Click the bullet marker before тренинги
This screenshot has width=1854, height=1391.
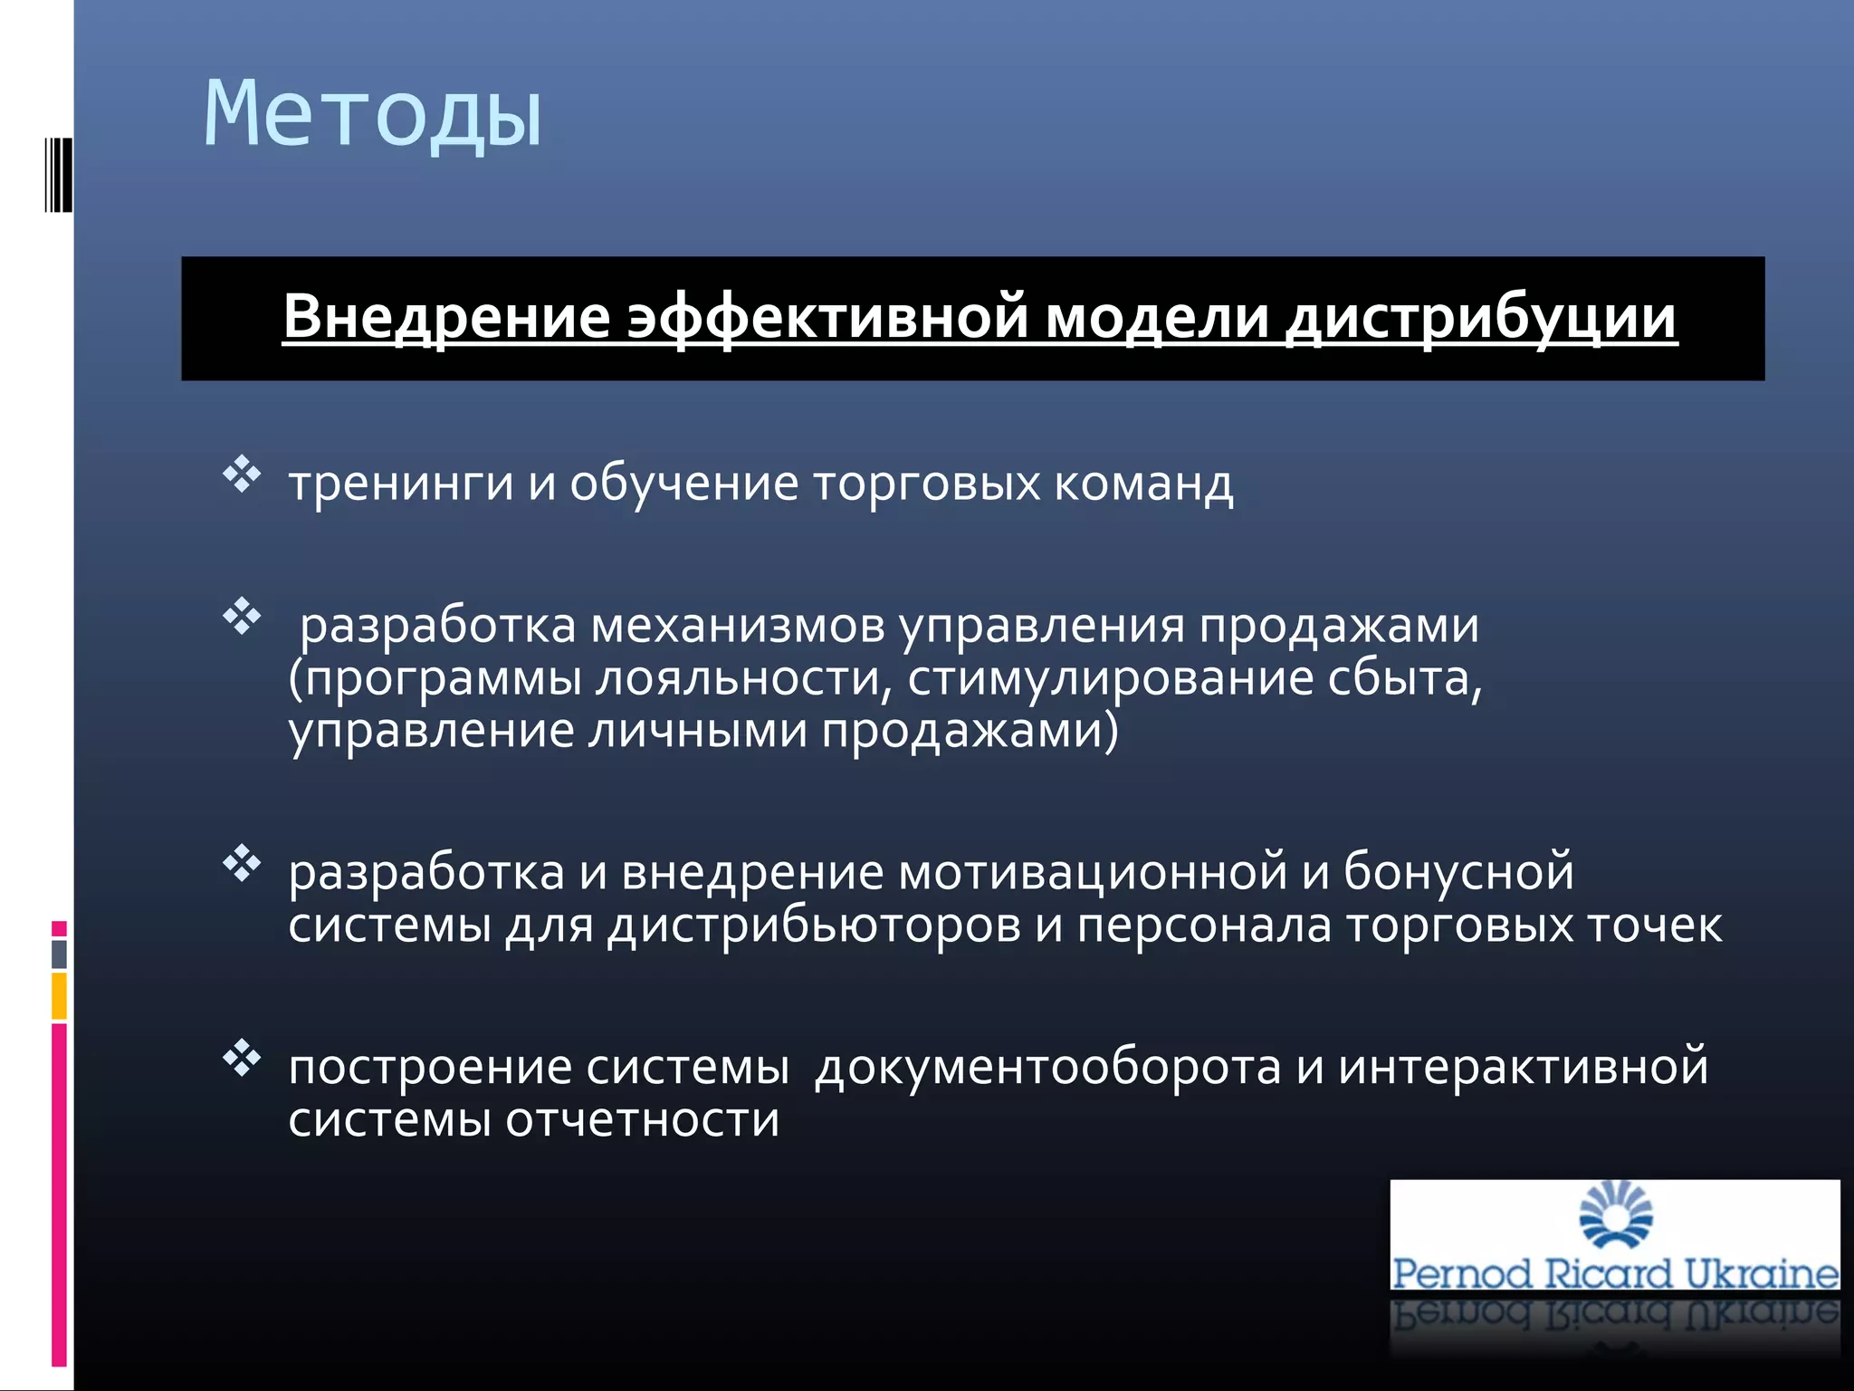point(242,475)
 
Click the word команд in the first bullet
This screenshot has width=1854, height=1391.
point(1142,484)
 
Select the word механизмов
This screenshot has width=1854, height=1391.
point(737,626)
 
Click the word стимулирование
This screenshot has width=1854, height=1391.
point(1110,679)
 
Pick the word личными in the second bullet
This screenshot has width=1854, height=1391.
point(697,731)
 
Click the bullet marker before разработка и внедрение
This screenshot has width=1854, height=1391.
point(242,863)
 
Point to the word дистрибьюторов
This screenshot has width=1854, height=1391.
point(814,926)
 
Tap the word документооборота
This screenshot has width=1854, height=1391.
point(1047,1067)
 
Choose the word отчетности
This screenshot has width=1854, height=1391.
point(642,1120)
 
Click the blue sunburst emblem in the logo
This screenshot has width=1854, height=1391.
point(1615,1214)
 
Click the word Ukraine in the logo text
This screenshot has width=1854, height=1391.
point(1761,1273)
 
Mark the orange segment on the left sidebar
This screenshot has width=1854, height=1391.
point(59,996)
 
